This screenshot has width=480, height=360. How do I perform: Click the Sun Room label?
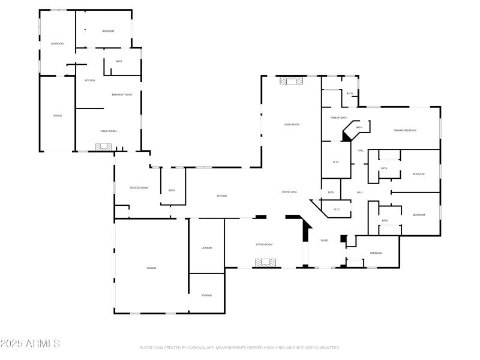coord(57,44)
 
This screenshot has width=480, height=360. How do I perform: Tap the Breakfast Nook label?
coord(122,94)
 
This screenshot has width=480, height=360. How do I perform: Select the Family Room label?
coord(108,131)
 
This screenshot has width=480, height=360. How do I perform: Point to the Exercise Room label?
coord(139,188)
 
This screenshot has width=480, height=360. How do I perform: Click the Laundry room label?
coord(206,248)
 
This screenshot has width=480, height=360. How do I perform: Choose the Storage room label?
coord(206,295)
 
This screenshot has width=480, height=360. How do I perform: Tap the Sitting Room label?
coord(264,244)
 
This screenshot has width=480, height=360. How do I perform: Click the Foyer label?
coord(324,240)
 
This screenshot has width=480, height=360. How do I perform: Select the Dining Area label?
coord(289,192)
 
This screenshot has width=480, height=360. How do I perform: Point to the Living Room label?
coord(292,124)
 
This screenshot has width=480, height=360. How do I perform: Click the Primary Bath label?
coord(339,118)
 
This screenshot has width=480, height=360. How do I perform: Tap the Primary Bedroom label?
coord(405,130)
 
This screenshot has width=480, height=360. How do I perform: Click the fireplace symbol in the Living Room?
coord(292,80)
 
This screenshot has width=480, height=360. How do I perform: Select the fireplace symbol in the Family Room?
coord(104,146)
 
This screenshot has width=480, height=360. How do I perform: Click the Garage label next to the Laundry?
coord(151,268)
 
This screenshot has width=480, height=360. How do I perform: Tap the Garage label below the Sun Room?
coord(57,115)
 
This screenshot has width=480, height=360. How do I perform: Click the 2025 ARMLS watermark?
coord(30,344)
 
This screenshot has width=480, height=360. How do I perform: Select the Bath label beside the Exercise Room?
coord(172,190)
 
